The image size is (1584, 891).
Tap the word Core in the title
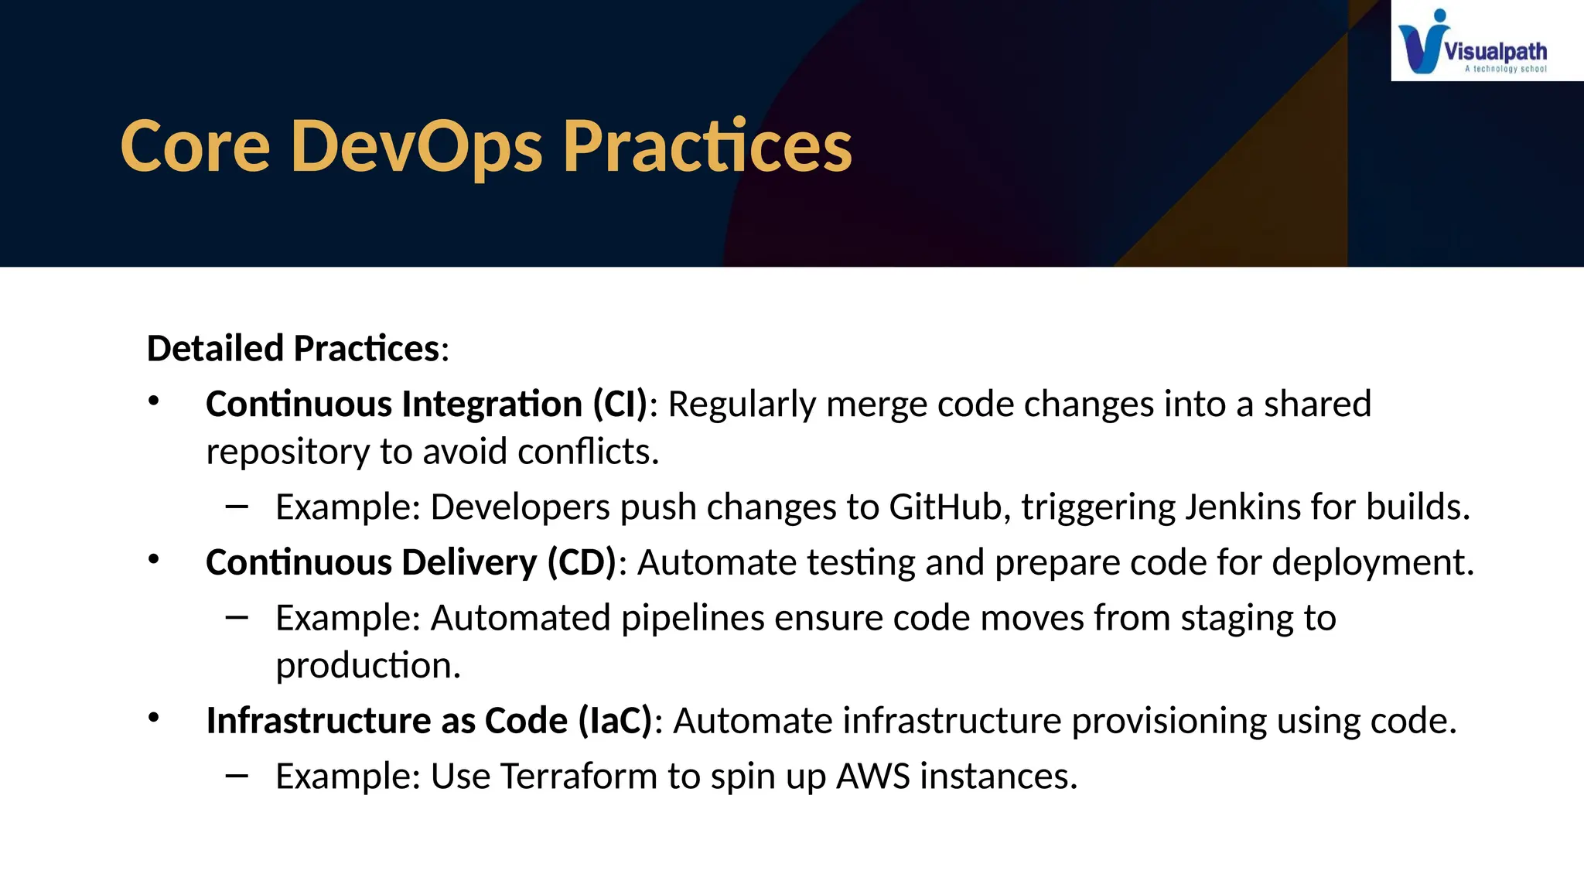click(195, 147)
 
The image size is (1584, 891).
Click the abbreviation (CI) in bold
click(620, 405)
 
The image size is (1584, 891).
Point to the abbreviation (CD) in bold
click(582, 562)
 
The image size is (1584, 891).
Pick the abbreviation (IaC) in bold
click(616, 721)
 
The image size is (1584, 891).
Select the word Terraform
click(579, 777)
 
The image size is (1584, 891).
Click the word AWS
click(872, 777)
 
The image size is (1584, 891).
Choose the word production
click(367, 666)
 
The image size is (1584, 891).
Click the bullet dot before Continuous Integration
click(154, 401)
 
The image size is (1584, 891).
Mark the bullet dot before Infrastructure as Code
click(154, 718)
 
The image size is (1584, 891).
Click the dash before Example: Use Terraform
click(237, 774)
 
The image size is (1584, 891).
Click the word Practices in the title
click(707, 147)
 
